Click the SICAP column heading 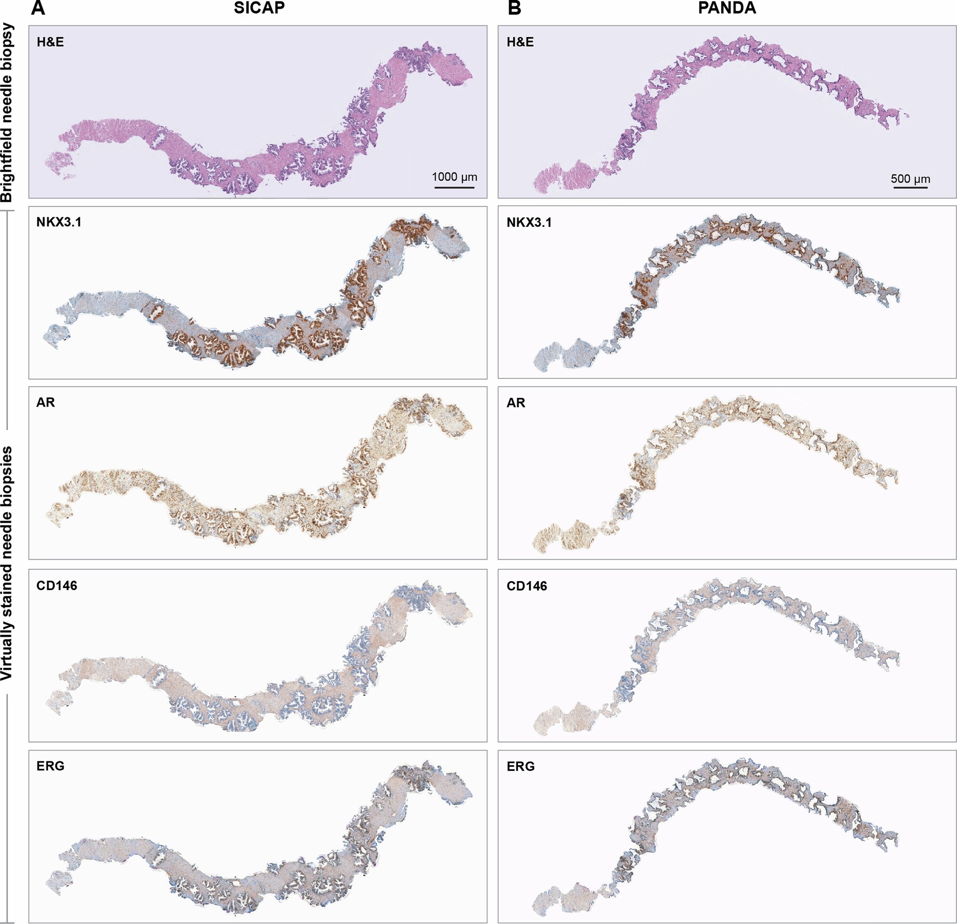coord(259,8)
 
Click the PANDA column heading coord(727,8)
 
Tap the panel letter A coord(38,8)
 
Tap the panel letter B coord(514,8)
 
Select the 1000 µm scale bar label coord(454,177)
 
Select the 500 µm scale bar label coord(910,179)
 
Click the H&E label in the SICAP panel coord(50,42)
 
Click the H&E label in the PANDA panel coord(520,42)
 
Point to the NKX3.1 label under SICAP coord(59,222)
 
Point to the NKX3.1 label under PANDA coord(529,223)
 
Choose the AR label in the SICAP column coord(45,402)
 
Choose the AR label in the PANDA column coord(516,403)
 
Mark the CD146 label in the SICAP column coord(56,585)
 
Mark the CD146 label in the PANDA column coord(527,586)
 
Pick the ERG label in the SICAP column coord(50,766)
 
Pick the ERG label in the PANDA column coord(521,767)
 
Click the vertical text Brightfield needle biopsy coord(6,113)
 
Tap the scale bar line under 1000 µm coord(454,187)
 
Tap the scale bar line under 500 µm coord(910,187)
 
